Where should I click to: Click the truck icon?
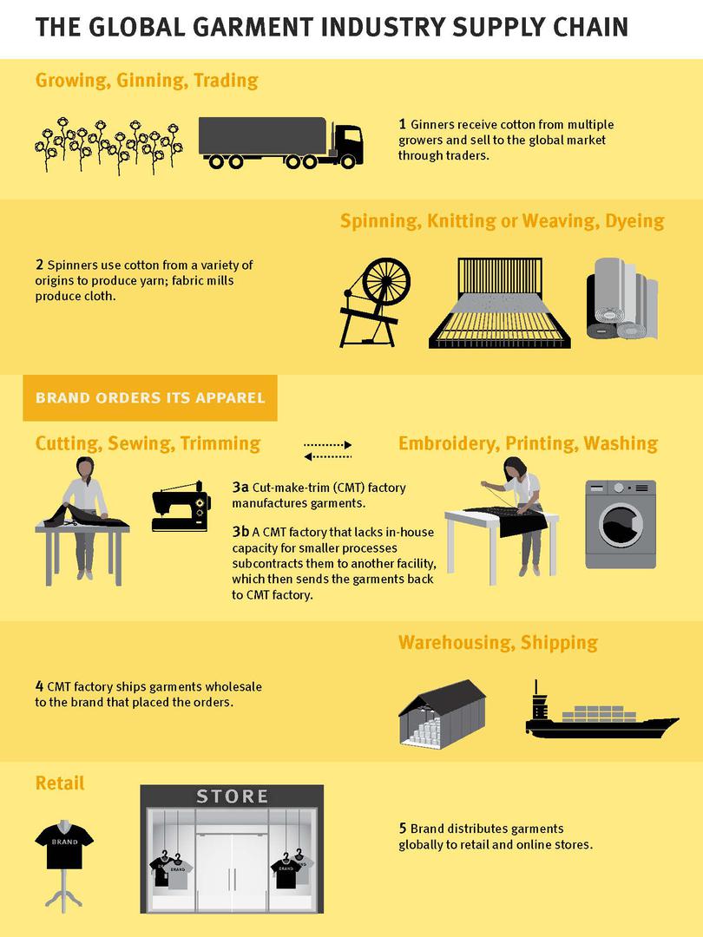coord(280,142)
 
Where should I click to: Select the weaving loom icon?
coord(500,303)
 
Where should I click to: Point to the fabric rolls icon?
coord(621,298)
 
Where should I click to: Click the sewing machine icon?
coord(181,506)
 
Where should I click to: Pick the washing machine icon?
coord(621,524)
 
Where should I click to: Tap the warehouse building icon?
coord(442,712)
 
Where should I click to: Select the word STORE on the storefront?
coord(232,796)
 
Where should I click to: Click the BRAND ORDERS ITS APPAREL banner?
coord(150,398)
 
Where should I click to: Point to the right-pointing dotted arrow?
coord(327,444)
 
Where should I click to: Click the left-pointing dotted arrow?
coord(327,456)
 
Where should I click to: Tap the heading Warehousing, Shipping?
coord(498,642)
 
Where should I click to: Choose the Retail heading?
coord(60,783)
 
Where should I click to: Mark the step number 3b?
coord(240,531)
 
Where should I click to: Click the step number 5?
coord(403,829)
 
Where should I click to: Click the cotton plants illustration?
coord(108,145)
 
